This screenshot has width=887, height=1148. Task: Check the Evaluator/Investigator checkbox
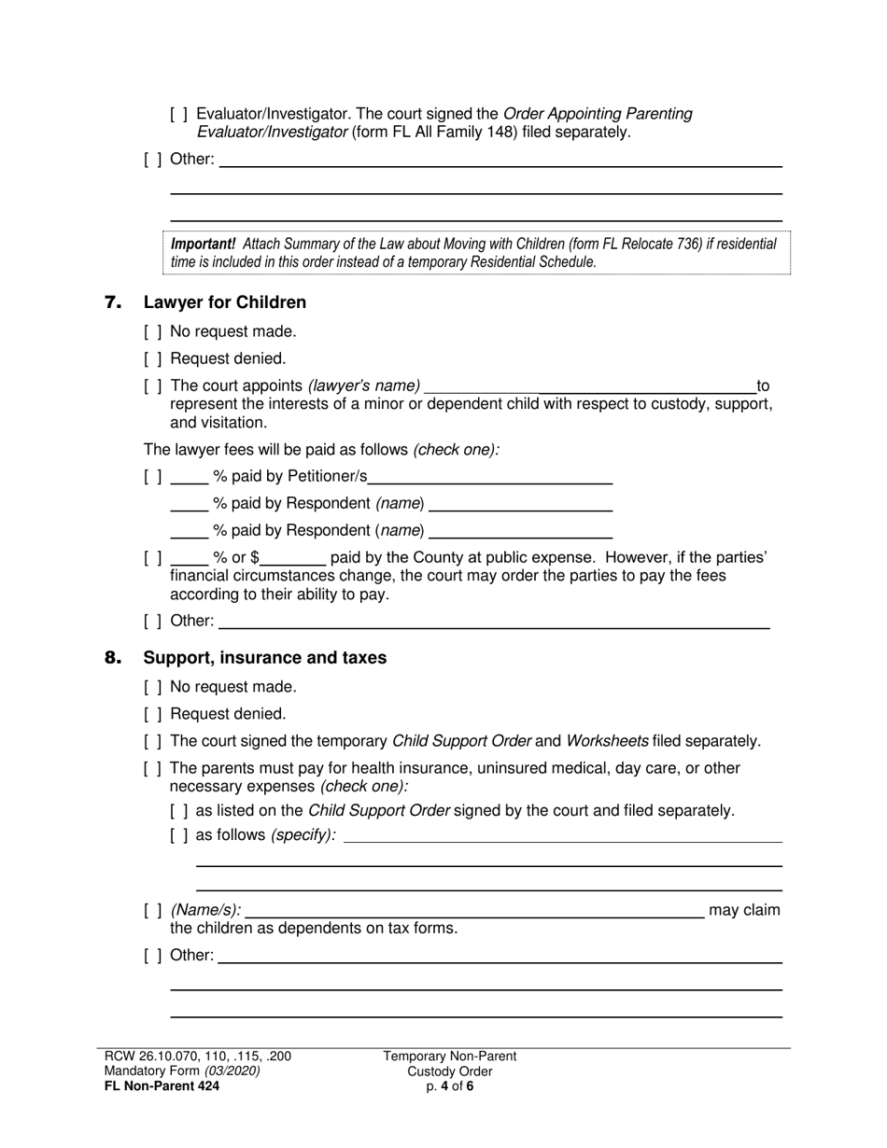(x=178, y=114)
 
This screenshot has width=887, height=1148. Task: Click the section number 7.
(x=113, y=302)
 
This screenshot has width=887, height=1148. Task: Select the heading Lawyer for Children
(x=224, y=302)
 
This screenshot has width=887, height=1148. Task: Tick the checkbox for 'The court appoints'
(x=153, y=385)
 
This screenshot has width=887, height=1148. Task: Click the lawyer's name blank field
(x=590, y=385)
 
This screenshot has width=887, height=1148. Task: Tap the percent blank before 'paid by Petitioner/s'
(x=190, y=477)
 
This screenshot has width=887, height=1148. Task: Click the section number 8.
(x=113, y=658)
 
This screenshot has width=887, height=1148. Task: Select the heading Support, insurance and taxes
(x=264, y=658)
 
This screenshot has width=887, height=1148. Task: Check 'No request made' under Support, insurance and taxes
(x=153, y=687)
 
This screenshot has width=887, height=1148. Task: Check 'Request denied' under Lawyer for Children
(x=153, y=358)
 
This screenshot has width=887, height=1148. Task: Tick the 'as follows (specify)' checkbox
(x=178, y=835)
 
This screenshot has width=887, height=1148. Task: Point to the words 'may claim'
(x=744, y=910)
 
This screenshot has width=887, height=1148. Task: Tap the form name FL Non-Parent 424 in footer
(x=162, y=1085)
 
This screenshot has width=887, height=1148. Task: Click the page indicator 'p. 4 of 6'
(x=449, y=1085)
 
